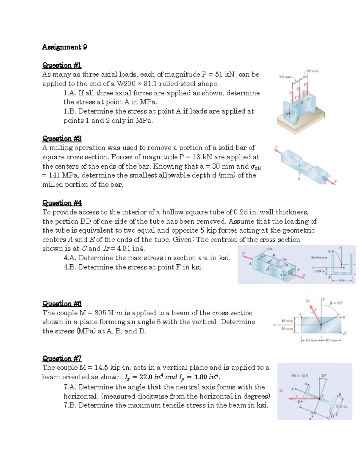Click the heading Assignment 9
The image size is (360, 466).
64,47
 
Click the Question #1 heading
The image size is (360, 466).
62,65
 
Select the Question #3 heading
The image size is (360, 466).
62,139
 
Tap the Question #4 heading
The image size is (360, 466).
62,203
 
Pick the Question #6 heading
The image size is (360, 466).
62,304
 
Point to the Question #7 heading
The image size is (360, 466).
62,359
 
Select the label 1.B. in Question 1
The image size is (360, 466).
70,111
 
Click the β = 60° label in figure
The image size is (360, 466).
336,303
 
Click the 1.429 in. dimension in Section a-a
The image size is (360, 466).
319,271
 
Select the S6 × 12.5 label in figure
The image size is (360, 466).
300,375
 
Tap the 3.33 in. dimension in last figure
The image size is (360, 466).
341,407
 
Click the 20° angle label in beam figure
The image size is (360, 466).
324,375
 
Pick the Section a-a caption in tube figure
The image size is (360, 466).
319,257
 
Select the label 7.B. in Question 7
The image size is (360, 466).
70,405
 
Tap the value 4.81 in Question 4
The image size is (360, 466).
124,249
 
